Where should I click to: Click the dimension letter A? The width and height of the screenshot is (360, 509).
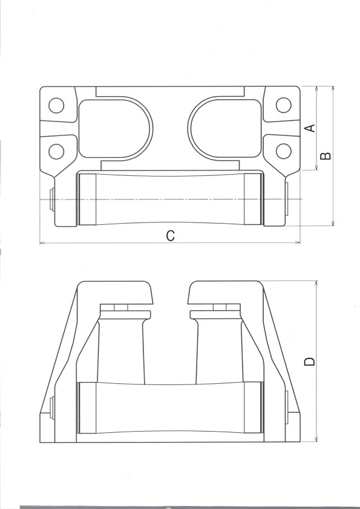pos(311,128)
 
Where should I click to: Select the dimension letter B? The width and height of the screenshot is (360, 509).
pos(326,156)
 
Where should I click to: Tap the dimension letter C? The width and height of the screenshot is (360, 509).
pos(170,236)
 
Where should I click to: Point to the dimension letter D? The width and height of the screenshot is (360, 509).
pos(309,361)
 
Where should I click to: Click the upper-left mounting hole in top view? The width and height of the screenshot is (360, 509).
pos(56,105)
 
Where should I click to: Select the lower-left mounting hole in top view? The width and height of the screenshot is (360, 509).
pos(56,151)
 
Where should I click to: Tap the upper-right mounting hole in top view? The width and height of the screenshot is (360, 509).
pos(284,105)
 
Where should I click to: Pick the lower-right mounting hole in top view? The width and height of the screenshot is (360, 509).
pos(284,151)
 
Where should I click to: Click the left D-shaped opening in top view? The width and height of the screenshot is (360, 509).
pos(114,128)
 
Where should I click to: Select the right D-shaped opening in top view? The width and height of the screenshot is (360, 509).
pos(226,128)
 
